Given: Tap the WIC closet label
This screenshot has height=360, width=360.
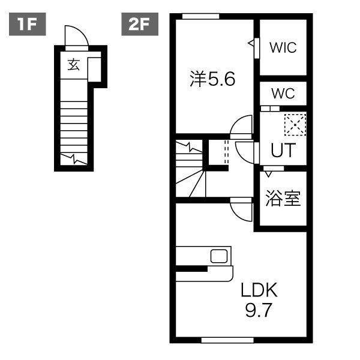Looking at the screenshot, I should (283, 48).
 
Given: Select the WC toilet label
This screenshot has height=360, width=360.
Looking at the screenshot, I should (283, 94).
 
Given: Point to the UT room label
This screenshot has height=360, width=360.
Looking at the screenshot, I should (283, 150).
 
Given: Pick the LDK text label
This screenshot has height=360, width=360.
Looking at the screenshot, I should (259, 291).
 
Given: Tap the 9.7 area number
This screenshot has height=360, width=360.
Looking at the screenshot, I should (259, 311).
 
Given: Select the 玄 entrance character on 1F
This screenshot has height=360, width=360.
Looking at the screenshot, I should (73, 65).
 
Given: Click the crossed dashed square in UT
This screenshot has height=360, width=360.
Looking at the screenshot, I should (295, 124).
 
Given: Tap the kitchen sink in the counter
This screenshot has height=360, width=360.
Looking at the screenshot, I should (218, 256).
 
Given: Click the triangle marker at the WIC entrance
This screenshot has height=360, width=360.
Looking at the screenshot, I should (251, 44).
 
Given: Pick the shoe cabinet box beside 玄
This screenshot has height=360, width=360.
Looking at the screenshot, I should (94, 68).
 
